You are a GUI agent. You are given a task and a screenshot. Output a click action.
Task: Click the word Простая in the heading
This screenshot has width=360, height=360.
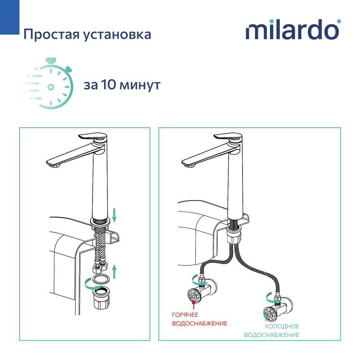(52, 35)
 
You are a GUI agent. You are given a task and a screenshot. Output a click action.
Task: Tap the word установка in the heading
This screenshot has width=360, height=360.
(117, 35)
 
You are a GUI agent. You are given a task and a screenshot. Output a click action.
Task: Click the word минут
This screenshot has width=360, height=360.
(140, 85)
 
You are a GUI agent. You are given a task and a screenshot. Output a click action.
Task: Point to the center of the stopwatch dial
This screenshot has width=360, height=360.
(51, 87)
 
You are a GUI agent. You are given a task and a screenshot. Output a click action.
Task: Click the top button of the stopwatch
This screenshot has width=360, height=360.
(51, 60)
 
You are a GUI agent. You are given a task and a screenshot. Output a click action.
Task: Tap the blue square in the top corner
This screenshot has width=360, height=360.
(9, 17)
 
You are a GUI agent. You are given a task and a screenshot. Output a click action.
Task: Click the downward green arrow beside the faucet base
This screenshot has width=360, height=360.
(114, 216)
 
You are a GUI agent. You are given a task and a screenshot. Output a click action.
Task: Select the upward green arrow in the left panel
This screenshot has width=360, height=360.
(114, 271)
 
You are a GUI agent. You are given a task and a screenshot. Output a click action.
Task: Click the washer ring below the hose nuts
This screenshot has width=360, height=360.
(101, 279)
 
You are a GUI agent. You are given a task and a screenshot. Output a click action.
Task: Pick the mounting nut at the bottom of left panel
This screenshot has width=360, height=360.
(101, 298)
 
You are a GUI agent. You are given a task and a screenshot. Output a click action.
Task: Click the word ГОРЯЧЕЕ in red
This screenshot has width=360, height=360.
(185, 315)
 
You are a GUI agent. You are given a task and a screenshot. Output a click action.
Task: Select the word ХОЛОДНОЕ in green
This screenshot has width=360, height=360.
(282, 327)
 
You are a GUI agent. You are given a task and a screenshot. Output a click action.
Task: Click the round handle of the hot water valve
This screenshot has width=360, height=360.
(195, 296)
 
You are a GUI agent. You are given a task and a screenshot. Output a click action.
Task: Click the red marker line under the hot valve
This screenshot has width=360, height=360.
(194, 305)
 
